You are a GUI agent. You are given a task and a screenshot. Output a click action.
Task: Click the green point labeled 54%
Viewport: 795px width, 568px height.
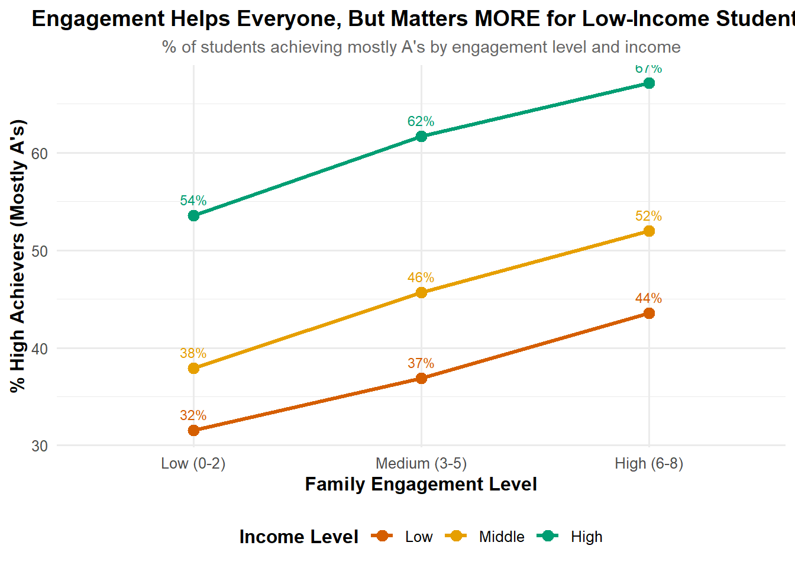pyautogui.click(x=193, y=215)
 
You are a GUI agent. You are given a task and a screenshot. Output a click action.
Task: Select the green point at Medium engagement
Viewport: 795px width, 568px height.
pyautogui.click(x=421, y=137)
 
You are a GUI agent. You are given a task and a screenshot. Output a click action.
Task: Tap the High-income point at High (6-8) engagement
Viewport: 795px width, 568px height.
pyautogui.click(x=649, y=83)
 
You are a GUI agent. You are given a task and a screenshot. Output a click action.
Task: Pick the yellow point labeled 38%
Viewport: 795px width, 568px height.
pyautogui.click(x=193, y=368)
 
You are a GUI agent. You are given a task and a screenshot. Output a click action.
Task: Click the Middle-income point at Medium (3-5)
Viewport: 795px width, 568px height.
pyautogui.click(x=421, y=292)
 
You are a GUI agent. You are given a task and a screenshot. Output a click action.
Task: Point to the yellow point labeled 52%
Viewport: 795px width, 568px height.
pyautogui.click(x=649, y=231)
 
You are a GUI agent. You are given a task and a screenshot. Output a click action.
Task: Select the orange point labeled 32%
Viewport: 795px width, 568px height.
pyautogui.click(x=193, y=430)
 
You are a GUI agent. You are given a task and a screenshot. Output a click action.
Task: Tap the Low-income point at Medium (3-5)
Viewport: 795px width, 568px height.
pyautogui.click(x=421, y=378)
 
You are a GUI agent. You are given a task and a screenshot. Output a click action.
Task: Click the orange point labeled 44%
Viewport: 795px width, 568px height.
pyautogui.click(x=649, y=313)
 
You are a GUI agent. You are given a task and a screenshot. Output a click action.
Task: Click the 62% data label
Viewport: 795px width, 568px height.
pyautogui.click(x=421, y=121)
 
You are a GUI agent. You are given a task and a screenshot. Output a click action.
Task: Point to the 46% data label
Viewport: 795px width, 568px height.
pyautogui.click(x=421, y=277)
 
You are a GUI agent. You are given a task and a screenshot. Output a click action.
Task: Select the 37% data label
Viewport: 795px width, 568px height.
pyautogui.click(x=421, y=363)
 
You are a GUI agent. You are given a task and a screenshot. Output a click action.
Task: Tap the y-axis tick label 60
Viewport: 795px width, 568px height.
pyautogui.click(x=40, y=153)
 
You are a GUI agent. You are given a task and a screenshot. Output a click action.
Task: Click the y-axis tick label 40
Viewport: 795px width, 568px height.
pyautogui.click(x=40, y=348)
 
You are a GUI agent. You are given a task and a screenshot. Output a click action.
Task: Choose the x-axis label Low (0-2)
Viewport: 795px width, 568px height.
pyautogui.click(x=193, y=463)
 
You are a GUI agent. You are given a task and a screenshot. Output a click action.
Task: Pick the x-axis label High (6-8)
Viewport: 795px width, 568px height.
pyautogui.click(x=649, y=463)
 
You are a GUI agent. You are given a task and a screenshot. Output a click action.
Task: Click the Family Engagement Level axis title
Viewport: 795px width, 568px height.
pyautogui.click(x=421, y=484)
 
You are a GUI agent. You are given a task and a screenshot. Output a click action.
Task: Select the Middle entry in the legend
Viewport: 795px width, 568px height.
pyautogui.click(x=502, y=537)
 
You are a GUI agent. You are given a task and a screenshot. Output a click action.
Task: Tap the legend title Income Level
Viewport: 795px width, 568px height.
pyautogui.click(x=299, y=537)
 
